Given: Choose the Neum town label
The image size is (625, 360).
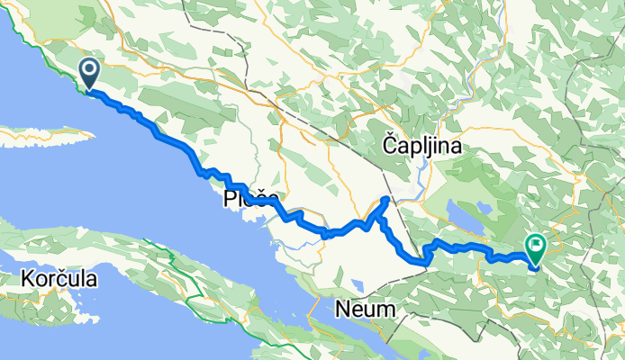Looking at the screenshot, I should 365,309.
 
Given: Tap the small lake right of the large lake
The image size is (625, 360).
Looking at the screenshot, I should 483,208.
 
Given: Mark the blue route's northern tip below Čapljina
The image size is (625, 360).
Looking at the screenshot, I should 386,197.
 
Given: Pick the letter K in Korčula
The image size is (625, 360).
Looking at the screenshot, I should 22,280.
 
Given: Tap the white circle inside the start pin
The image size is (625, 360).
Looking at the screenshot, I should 91,68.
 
